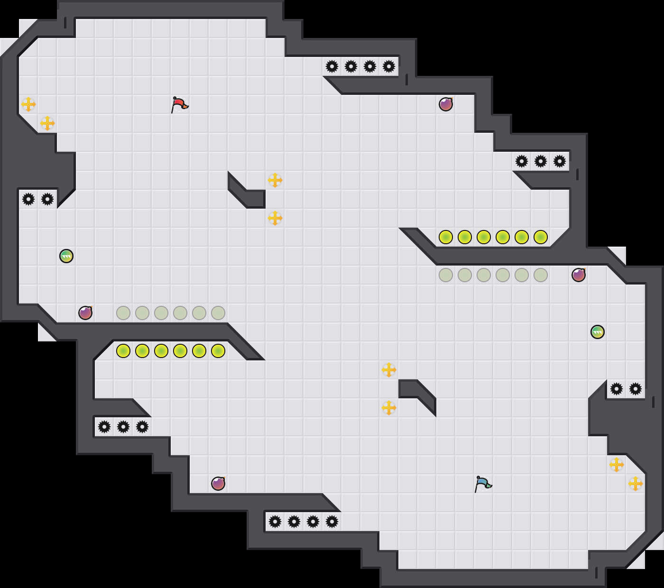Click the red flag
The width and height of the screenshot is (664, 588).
point(179,104)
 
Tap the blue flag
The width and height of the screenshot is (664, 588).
point(483,484)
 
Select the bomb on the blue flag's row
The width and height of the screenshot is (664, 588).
point(218,484)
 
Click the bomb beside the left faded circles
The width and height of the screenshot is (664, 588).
point(85,313)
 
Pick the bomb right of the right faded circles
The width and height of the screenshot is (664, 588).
point(579,275)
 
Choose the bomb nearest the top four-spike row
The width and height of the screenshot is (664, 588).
point(446,104)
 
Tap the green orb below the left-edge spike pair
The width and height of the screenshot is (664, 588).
point(66,256)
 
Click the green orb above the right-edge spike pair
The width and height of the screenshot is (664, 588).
point(598,332)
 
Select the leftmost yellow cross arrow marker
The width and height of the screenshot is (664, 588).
point(28,104)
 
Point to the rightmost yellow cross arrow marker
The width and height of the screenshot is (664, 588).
point(636,484)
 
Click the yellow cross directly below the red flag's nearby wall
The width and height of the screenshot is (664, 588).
point(275,218)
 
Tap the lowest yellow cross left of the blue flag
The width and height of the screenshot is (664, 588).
point(389,408)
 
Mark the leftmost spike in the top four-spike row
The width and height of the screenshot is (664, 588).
point(332,66)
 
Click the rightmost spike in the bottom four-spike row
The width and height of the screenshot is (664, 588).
point(332,522)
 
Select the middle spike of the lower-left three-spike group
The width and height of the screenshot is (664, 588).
point(123,427)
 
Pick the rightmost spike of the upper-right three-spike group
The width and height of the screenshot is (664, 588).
point(560,161)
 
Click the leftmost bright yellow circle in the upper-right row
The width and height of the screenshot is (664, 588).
point(446,237)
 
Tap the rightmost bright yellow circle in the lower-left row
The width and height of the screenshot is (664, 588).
point(218,351)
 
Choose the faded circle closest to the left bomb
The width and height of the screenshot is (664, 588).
point(123,313)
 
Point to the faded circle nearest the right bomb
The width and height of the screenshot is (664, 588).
point(541,275)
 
